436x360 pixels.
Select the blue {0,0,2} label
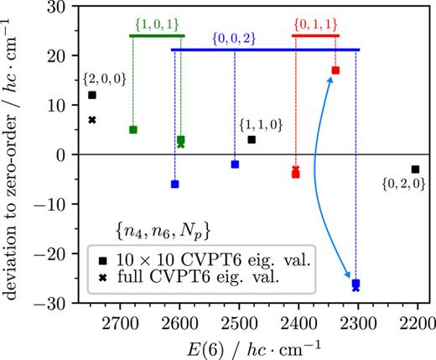coord(243,39)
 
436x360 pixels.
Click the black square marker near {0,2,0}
coord(415,170)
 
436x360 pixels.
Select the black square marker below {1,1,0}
coord(252,139)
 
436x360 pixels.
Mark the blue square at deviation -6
coord(174,184)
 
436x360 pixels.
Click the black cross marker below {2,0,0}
coord(92,120)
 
